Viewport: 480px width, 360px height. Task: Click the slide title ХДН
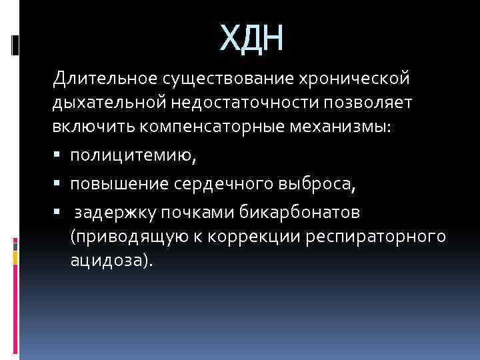point(252,39)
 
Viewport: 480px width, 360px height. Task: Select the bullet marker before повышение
point(58,185)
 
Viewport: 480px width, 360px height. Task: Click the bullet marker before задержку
point(58,213)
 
